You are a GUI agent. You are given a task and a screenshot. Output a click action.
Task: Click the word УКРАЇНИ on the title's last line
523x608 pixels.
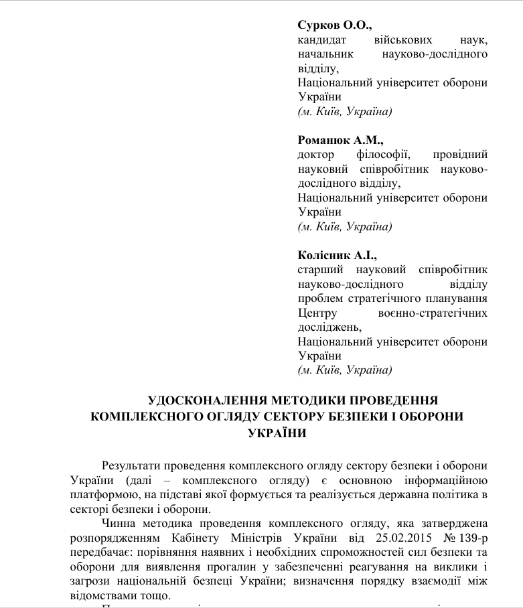(277, 432)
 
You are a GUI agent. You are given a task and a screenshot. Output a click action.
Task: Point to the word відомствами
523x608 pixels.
(100, 595)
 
